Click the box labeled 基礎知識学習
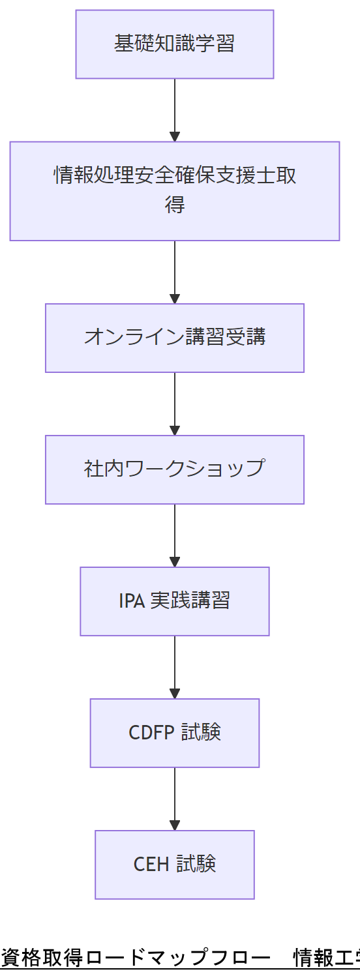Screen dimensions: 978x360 point(174,44)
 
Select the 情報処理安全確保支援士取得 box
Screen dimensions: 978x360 point(174,191)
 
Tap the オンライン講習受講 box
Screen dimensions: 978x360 point(174,338)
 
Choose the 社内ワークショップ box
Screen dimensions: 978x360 point(174,469)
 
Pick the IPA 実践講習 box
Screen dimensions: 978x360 point(174,601)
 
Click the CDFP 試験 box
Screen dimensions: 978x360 point(174,733)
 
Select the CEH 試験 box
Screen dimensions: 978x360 point(174,865)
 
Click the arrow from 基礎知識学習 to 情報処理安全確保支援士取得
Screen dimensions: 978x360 point(174,108)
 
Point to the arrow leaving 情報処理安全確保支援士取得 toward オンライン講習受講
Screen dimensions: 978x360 point(174,270)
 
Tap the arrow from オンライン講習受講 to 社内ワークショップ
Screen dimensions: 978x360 point(174,402)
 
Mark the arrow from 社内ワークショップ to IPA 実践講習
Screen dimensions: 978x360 point(174,533)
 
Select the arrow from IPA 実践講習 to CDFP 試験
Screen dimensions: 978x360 point(174,665)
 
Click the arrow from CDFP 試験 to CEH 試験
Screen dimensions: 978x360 point(174,797)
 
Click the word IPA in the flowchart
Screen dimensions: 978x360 point(132,601)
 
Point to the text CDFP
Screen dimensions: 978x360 point(152,733)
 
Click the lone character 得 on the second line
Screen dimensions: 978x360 point(174,205)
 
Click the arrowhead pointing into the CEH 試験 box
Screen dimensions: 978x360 point(174,825)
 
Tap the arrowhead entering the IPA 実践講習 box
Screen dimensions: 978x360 point(174,561)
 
